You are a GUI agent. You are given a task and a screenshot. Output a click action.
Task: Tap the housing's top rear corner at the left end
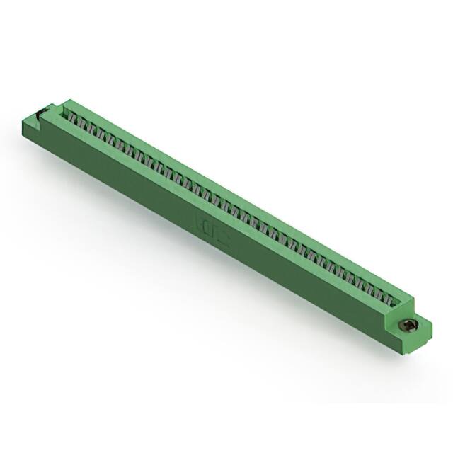tap(68, 100)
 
